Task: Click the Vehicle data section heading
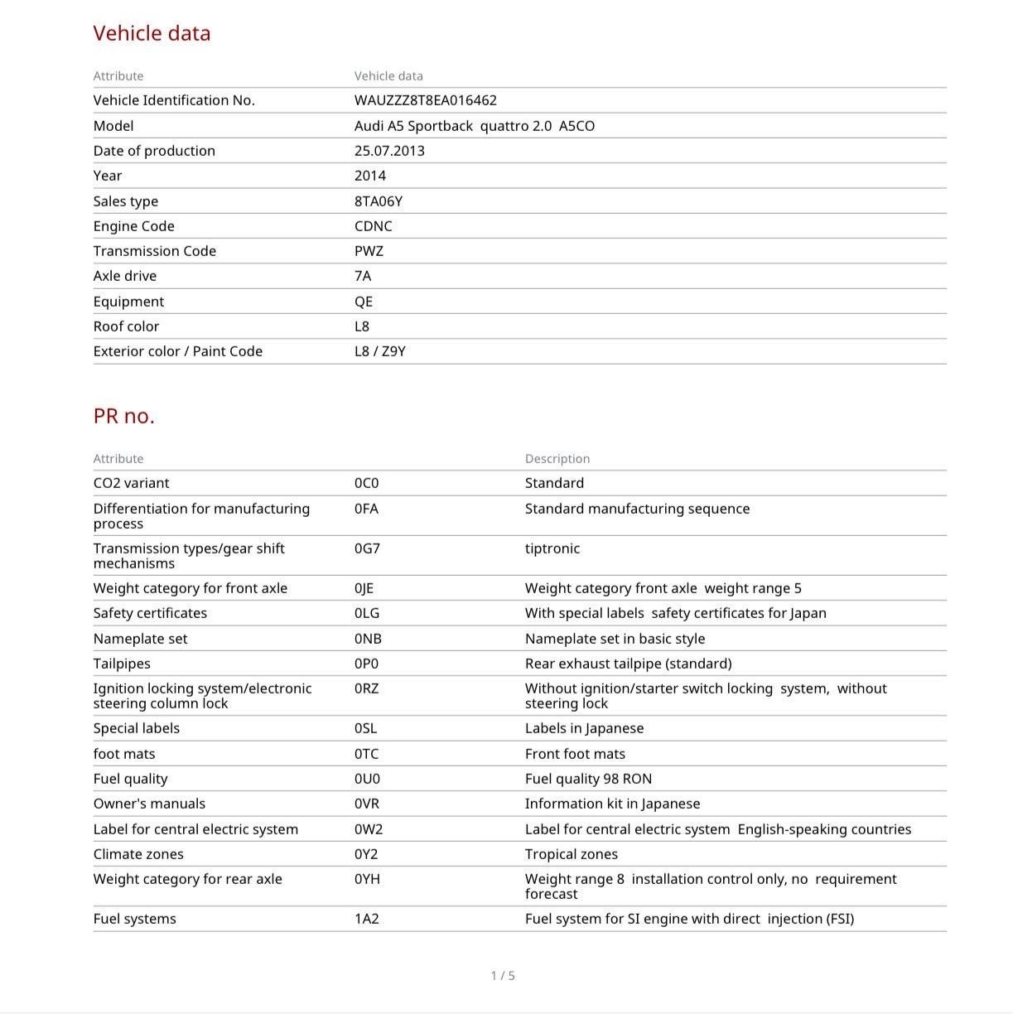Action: click(152, 33)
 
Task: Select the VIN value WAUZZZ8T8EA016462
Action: click(425, 100)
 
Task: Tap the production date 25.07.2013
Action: click(389, 151)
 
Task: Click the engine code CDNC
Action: click(373, 226)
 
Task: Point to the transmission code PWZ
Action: click(369, 251)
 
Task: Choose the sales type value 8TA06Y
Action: click(378, 201)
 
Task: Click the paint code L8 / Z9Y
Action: click(379, 351)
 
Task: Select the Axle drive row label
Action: click(124, 276)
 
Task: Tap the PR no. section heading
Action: click(123, 416)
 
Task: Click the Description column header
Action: click(557, 459)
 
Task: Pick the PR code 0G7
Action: click(367, 548)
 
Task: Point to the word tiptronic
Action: click(552, 548)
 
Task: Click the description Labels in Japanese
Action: click(584, 728)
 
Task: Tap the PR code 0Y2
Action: click(367, 854)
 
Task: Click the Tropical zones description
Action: click(571, 854)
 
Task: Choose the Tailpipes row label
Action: click(122, 664)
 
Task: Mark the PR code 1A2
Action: click(366, 919)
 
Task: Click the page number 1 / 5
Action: click(503, 976)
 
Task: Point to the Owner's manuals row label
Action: click(149, 804)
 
